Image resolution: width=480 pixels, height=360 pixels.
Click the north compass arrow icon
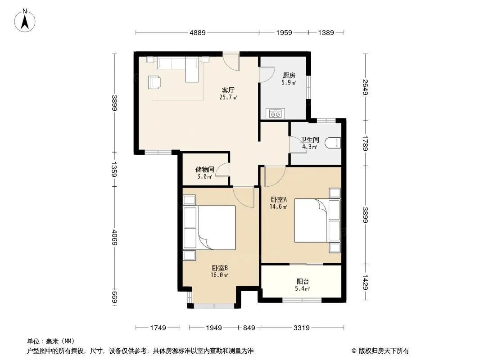coord(25,21)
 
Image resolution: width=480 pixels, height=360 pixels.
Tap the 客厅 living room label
coord(228,90)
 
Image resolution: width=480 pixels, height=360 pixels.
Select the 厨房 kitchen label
coord(289,75)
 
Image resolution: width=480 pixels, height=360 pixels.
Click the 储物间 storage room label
coord(205,170)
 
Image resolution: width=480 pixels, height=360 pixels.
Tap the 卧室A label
coord(279,199)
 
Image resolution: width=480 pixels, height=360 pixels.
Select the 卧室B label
coord(219,268)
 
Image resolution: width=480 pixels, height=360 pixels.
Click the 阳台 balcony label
coord(303,281)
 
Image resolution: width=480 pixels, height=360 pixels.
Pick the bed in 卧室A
coord(317,220)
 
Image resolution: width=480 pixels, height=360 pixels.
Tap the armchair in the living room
coord(154,82)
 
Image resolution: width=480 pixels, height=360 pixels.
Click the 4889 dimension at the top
coord(198,32)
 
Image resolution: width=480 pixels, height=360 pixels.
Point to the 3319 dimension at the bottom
coord(302,328)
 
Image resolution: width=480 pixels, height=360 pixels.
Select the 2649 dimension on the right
coord(365,87)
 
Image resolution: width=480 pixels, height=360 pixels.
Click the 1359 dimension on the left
coord(114,169)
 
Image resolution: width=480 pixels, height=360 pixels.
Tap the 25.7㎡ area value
coord(228,98)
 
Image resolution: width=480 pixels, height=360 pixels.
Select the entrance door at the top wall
coord(231,63)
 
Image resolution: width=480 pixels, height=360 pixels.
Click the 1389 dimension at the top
coord(326,32)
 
